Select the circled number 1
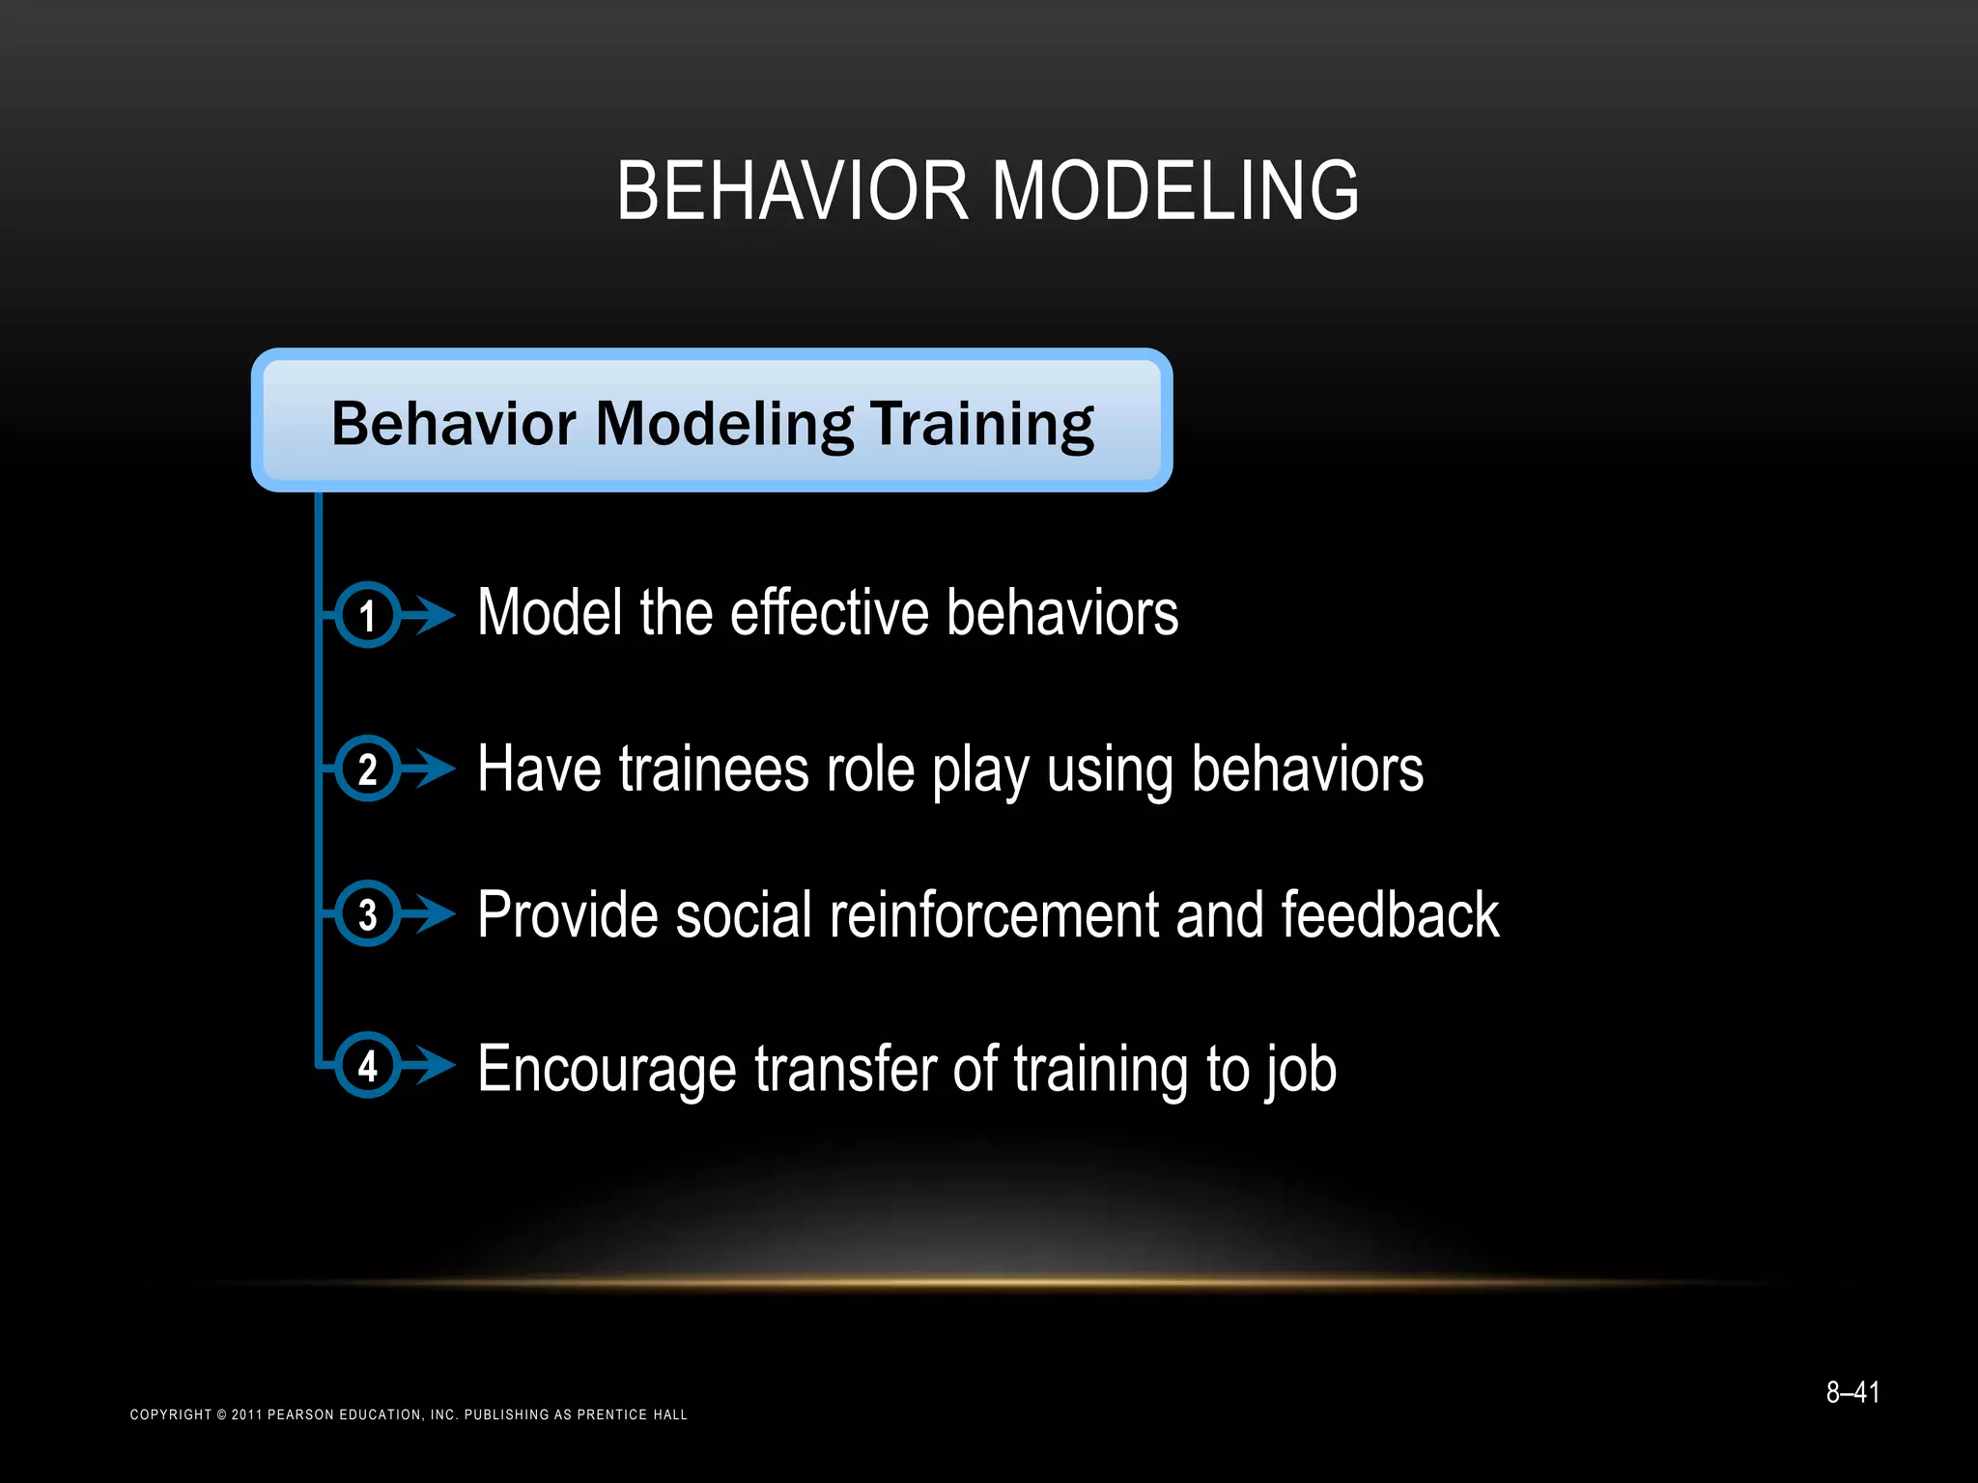(x=367, y=615)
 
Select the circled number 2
(x=367, y=769)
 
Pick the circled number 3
(x=367, y=913)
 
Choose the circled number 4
(x=367, y=1066)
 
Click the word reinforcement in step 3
(x=993, y=914)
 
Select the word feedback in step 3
(x=1389, y=914)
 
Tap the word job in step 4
(x=1300, y=1070)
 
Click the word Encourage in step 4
(x=607, y=1070)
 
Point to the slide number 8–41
(x=1851, y=1392)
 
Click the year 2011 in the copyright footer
(x=246, y=1414)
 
